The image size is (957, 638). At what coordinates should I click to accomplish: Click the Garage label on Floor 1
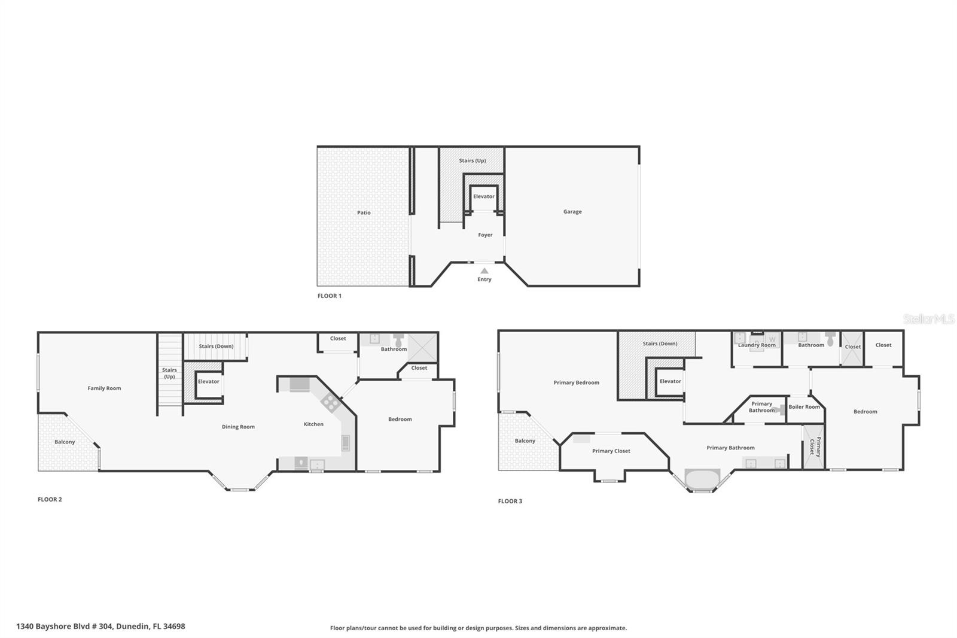pyautogui.click(x=572, y=212)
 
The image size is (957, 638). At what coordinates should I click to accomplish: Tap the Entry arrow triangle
pyautogui.click(x=484, y=271)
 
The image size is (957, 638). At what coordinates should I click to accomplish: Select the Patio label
pyautogui.click(x=364, y=213)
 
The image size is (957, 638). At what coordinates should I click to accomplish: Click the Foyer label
pyautogui.click(x=485, y=235)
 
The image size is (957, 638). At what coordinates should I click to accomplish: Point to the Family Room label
pyautogui.click(x=104, y=388)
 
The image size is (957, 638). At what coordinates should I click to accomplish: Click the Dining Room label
pyautogui.click(x=238, y=427)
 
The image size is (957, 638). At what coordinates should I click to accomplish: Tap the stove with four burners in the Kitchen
pyautogui.click(x=330, y=402)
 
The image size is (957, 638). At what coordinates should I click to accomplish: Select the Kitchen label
pyautogui.click(x=313, y=424)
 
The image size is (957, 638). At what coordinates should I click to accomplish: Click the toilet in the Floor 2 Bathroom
pyautogui.click(x=398, y=339)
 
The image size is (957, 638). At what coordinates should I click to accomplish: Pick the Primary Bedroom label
pyautogui.click(x=576, y=383)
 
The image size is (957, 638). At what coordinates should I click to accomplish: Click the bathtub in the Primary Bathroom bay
pyautogui.click(x=702, y=480)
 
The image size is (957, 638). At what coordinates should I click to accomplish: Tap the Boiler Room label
pyautogui.click(x=804, y=407)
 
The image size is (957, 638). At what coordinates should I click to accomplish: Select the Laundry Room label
pyautogui.click(x=757, y=345)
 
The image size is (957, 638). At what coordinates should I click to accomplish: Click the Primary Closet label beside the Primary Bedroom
pyautogui.click(x=611, y=451)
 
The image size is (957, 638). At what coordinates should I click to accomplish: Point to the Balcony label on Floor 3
pyautogui.click(x=525, y=441)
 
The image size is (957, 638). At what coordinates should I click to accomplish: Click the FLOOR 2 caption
pyautogui.click(x=50, y=500)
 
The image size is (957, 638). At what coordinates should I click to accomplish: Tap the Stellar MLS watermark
pyautogui.click(x=928, y=319)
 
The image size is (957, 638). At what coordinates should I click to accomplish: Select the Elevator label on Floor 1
pyautogui.click(x=484, y=197)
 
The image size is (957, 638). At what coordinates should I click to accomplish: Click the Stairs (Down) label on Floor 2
pyautogui.click(x=216, y=347)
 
